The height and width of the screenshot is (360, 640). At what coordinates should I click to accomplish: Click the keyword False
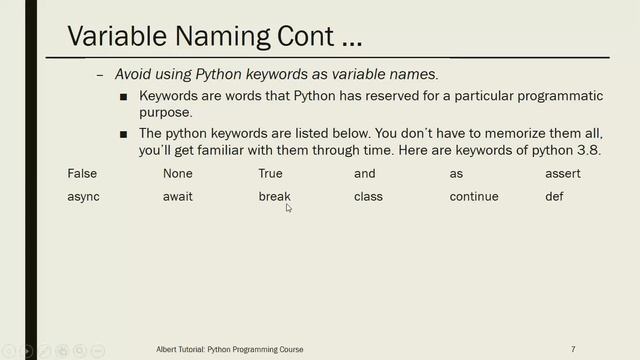(x=82, y=174)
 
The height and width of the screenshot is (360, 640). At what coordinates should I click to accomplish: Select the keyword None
(x=177, y=174)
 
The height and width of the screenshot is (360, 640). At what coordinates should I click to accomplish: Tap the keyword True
(x=270, y=174)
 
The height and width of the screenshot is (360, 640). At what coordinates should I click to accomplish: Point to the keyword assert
(x=563, y=174)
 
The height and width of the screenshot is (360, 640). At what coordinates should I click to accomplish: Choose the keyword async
(x=83, y=197)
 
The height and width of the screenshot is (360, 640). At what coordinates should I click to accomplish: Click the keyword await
(x=178, y=197)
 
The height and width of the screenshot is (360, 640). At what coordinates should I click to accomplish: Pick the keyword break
(x=273, y=197)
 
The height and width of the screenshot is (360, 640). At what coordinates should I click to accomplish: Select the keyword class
(x=369, y=197)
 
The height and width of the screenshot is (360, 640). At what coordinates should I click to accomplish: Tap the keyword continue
(x=474, y=197)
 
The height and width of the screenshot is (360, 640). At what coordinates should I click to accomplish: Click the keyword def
(x=554, y=197)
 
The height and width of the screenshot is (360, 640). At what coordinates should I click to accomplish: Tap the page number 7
(x=573, y=349)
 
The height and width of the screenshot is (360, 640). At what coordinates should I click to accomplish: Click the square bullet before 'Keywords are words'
(x=123, y=97)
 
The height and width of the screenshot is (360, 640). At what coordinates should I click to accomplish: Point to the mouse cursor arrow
(x=289, y=208)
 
